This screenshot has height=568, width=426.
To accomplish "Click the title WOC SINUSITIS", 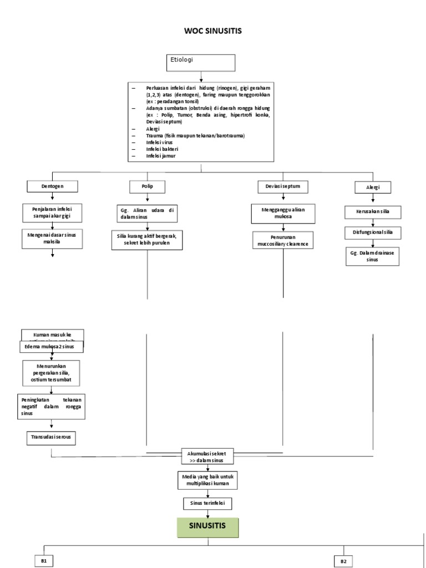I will pyautogui.click(x=212, y=31).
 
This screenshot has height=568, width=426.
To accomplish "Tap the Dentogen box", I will pyautogui.click(x=53, y=186).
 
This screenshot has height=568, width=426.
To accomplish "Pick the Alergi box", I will pyautogui.click(x=373, y=187).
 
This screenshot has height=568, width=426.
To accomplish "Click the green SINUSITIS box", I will pyautogui.click(x=208, y=527).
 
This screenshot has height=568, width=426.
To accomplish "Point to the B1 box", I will pyautogui.click(x=44, y=561).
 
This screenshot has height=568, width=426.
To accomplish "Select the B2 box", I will pyautogui.click(x=343, y=561).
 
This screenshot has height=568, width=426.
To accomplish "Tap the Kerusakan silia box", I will pyautogui.click(x=373, y=212).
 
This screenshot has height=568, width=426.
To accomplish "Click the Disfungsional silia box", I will pyautogui.click(x=373, y=232).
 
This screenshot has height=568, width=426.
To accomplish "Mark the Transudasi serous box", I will pyautogui.click(x=51, y=437).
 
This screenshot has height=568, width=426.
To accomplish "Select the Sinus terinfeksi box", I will pyautogui.click(x=208, y=503).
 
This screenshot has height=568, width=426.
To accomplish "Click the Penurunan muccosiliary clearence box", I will pyautogui.click(x=283, y=240).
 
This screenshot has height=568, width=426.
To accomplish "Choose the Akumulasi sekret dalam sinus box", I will pyautogui.click(x=208, y=457).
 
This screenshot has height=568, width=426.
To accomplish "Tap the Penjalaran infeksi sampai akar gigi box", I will pyautogui.click(x=52, y=211).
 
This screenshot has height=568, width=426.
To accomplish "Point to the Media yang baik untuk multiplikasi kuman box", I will pyautogui.click(x=208, y=480).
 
